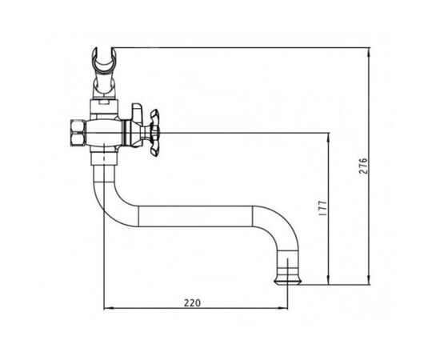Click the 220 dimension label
[193, 303]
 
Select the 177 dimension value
[323, 208]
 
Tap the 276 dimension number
[363, 166]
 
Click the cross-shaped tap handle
[154, 133]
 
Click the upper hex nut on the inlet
[77, 126]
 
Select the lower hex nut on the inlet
[77, 139]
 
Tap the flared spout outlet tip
[288, 282]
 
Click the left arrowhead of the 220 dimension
[108, 308]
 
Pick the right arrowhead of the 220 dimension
[283, 308]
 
